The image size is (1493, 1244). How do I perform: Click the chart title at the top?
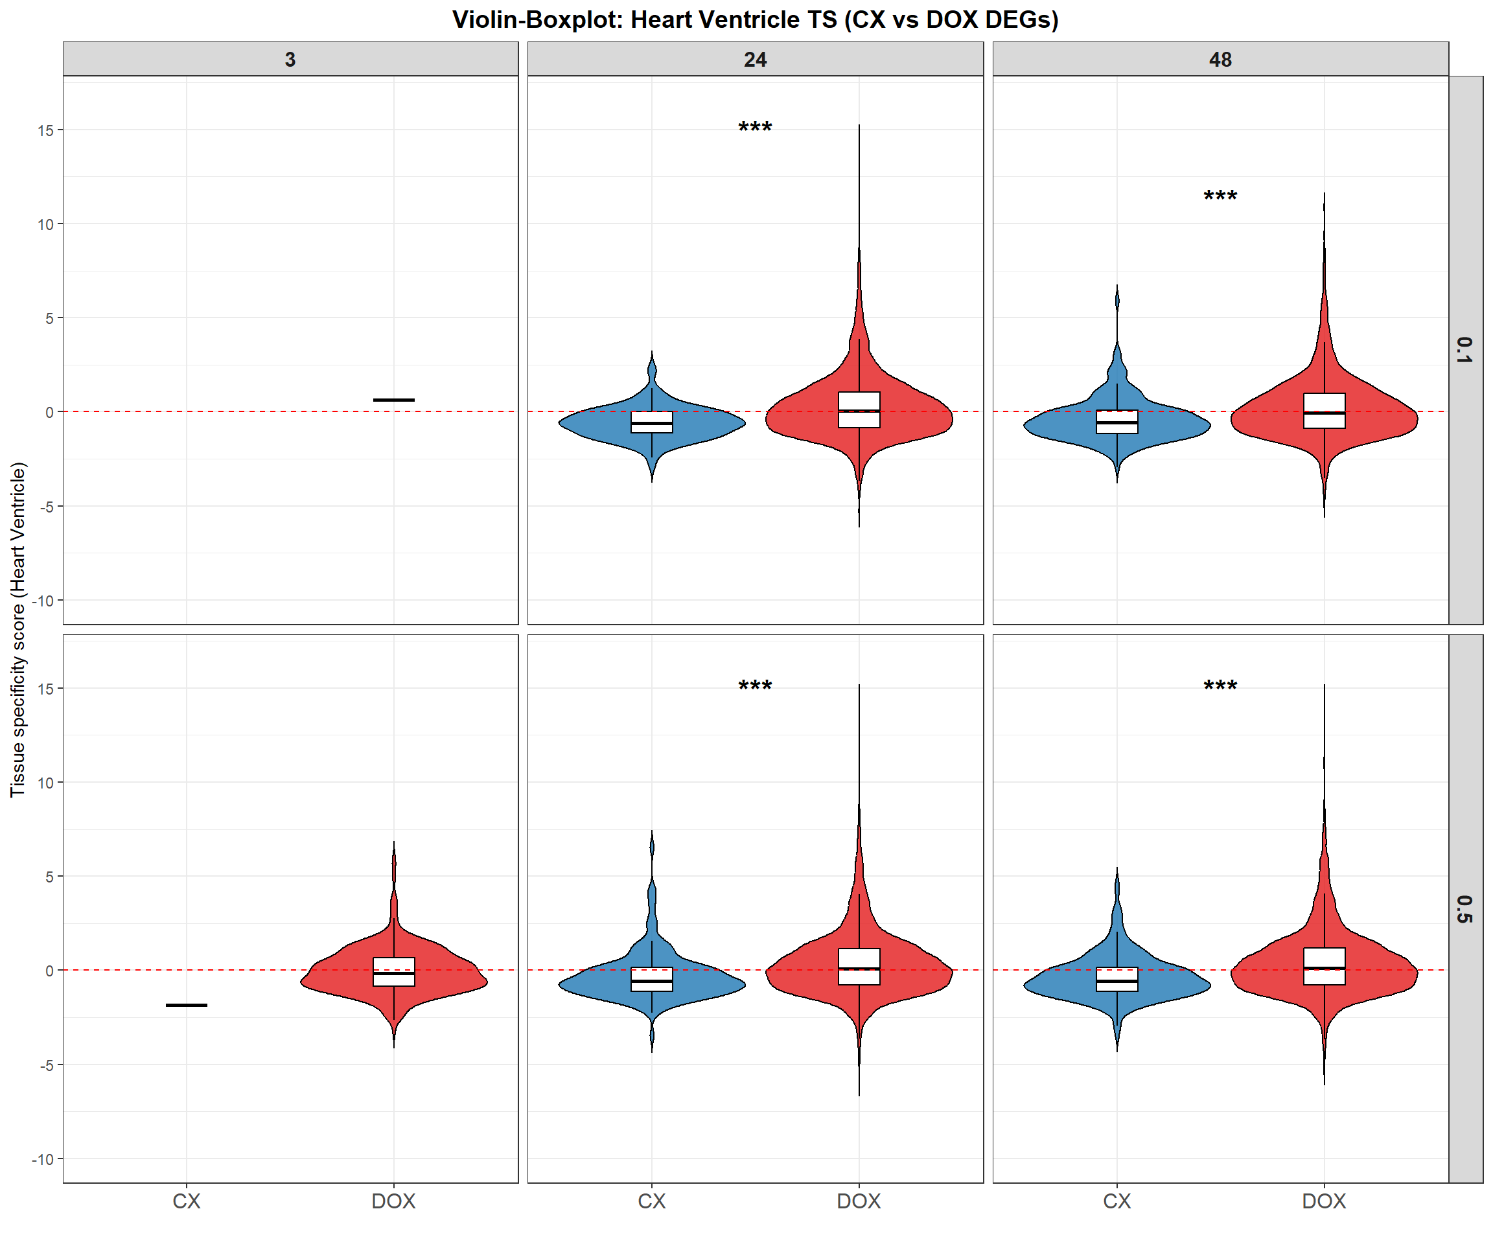755,20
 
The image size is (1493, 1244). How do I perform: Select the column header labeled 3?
290,60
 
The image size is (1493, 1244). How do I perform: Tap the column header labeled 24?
755,60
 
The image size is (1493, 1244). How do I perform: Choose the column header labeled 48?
1220,60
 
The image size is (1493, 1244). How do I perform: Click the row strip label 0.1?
1464,351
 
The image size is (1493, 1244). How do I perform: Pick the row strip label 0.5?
1464,909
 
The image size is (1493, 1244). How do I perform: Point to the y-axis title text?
17,630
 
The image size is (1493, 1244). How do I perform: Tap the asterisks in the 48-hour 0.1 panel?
1220,197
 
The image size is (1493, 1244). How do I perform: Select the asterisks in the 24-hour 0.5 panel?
755,687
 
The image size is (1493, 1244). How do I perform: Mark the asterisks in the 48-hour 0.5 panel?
1220,687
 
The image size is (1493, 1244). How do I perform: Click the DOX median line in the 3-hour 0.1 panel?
394,400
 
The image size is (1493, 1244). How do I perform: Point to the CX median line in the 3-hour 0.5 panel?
186,1005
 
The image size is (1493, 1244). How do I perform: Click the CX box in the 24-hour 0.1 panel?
651,422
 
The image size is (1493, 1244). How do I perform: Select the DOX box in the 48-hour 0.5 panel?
1324,967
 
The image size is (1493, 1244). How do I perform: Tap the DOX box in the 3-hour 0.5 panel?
394,972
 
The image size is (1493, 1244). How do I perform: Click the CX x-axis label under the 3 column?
186,1201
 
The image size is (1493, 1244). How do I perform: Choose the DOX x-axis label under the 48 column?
1324,1201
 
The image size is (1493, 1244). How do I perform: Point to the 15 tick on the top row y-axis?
45,130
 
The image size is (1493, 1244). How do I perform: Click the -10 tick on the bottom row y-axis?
43,1159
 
